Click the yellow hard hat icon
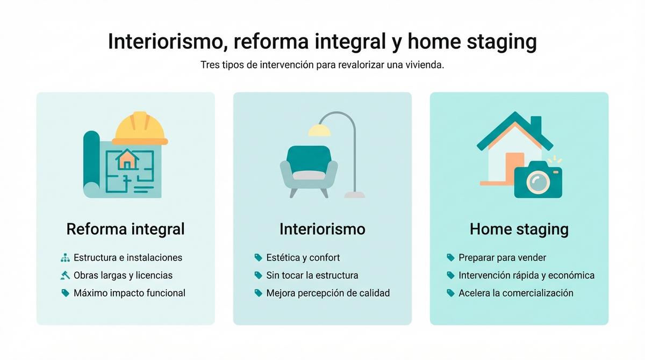click(x=140, y=128)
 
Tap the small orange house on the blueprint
click(x=127, y=159)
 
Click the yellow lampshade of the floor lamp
click(x=319, y=129)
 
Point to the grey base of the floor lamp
click(x=354, y=194)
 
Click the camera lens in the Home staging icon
click(x=537, y=182)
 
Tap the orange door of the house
click(x=514, y=167)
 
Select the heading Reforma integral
click(x=125, y=229)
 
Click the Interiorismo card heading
click(x=322, y=229)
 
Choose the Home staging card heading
click(x=519, y=229)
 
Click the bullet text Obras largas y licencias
click(x=123, y=275)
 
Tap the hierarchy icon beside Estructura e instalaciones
click(x=65, y=258)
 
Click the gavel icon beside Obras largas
click(x=65, y=275)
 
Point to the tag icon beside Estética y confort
click(x=259, y=258)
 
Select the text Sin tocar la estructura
click(x=312, y=275)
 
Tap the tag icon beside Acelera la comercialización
click(x=450, y=293)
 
